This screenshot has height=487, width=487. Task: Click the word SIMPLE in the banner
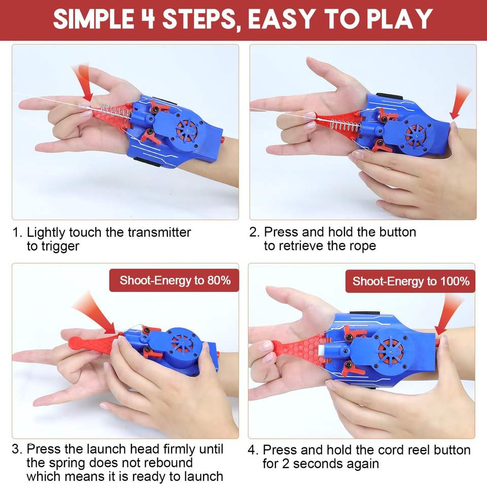(x=93, y=19)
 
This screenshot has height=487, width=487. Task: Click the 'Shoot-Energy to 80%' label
(x=175, y=281)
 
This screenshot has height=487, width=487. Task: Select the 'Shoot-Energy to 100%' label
(x=410, y=282)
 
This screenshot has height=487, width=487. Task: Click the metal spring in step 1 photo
(x=115, y=113)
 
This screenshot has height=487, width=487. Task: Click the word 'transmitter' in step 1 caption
(x=159, y=232)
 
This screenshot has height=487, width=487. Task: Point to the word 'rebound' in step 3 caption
(x=168, y=463)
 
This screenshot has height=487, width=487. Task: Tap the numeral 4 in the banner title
(x=148, y=19)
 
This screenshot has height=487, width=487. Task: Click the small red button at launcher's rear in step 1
(x=223, y=140)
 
